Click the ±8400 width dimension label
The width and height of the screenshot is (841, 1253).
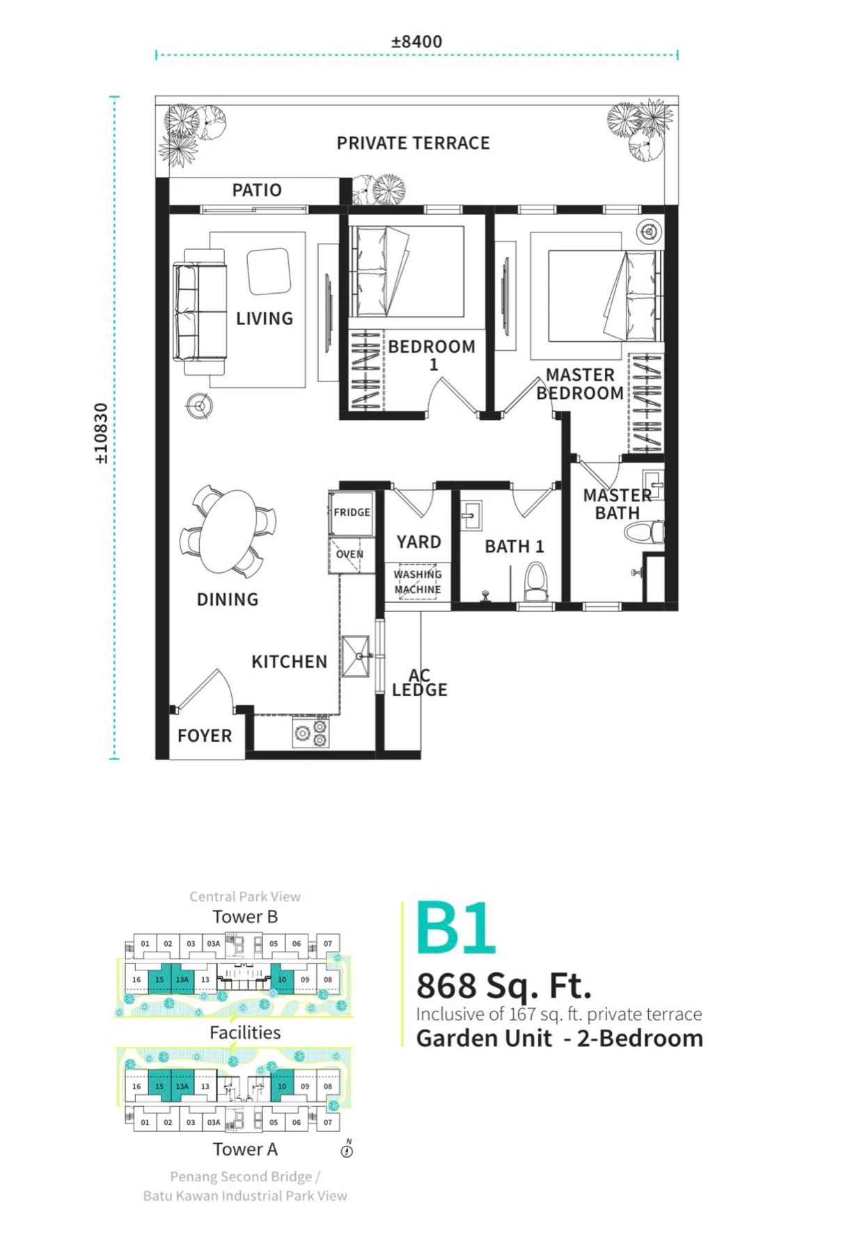click(x=416, y=42)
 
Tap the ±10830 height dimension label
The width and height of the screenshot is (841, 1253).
click(x=102, y=434)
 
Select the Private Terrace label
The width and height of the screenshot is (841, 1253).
click(x=414, y=143)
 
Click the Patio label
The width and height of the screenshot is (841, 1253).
click(x=257, y=190)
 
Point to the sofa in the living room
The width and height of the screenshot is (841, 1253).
click(x=200, y=312)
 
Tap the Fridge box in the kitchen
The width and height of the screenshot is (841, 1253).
click(x=352, y=513)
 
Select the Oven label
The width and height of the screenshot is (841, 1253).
click(x=349, y=554)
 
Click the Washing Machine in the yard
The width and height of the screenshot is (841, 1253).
click(x=418, y=582)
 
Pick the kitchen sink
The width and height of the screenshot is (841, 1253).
click(x=356, y=656)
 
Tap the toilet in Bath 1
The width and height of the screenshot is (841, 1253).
click(x=535, y=581)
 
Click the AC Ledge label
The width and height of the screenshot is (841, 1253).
click(x=419, y=683)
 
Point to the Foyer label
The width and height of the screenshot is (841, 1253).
click(x=205, y=736)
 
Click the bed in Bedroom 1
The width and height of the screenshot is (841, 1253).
click(x=407, y=271)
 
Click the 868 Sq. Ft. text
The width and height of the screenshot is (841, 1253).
click(x=504, y=986)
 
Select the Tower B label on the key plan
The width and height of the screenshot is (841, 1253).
click(x=245, y=917)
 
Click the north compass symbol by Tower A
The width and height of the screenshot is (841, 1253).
click(x=347, y=1149)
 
